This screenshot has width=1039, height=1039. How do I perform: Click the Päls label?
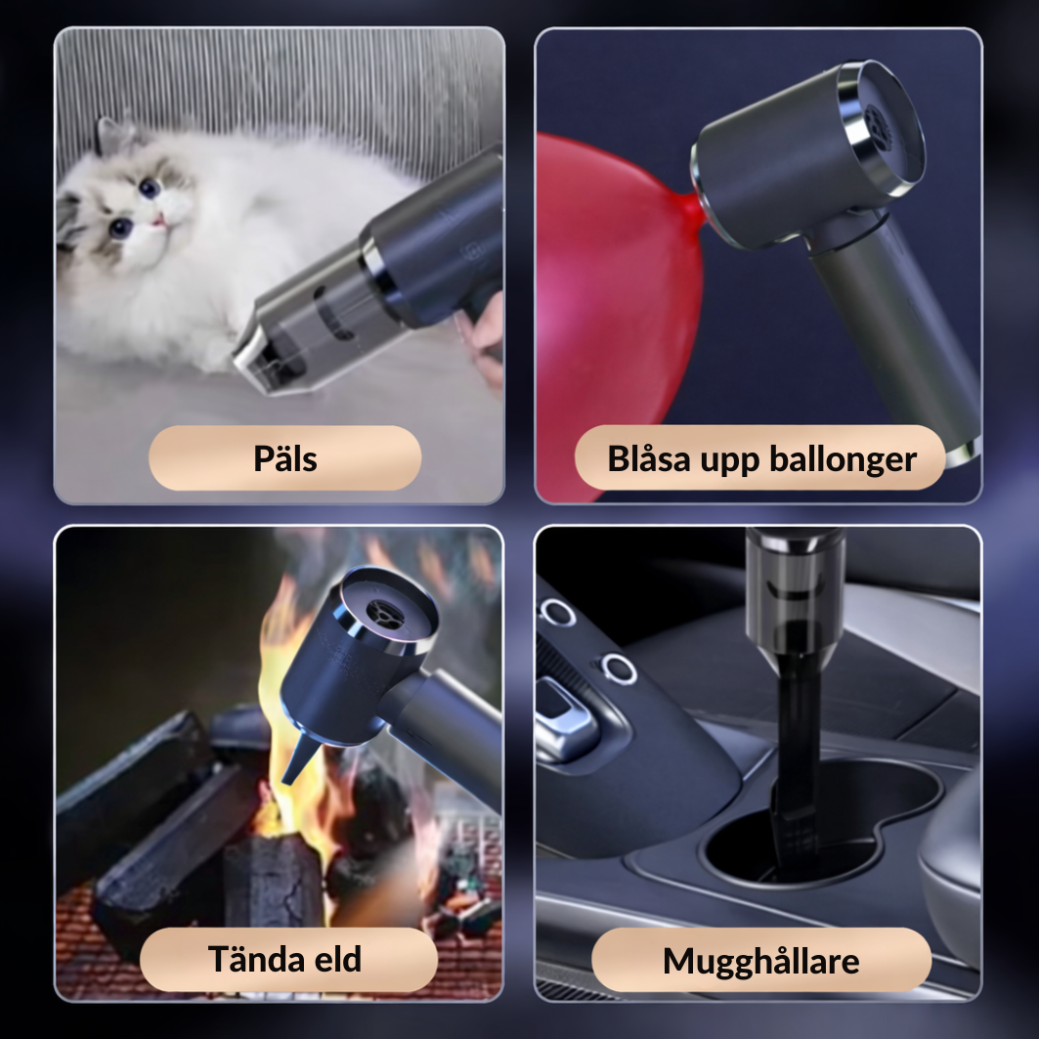coord(284,458)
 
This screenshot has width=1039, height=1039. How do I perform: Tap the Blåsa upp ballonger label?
coord(761,458)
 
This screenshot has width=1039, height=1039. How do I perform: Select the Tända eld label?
coord(284,959)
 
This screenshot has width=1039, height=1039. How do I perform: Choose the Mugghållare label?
coord(760,961)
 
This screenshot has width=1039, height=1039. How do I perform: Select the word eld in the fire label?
coord(332,959)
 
